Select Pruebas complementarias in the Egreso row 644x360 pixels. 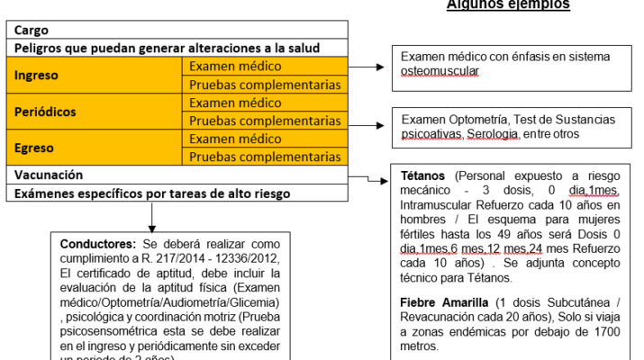[264, 157]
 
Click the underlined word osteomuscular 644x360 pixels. [440, 71]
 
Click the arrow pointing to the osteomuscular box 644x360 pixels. [367, 67]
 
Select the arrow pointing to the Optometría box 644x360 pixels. [367, 126]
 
